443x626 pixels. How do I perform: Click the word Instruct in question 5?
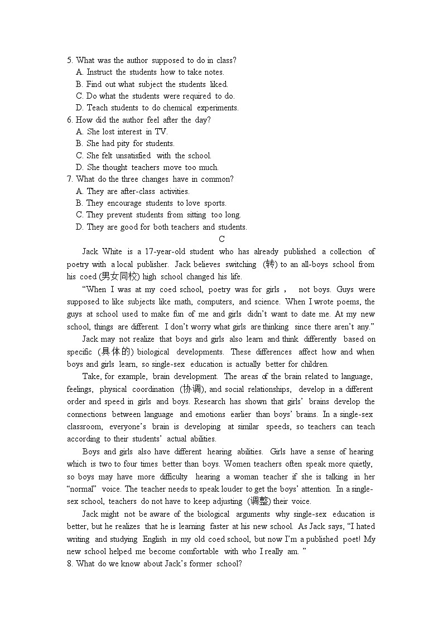[99, 72]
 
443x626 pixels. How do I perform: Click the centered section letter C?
[222, 239]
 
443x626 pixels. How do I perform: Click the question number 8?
[70, 564]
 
